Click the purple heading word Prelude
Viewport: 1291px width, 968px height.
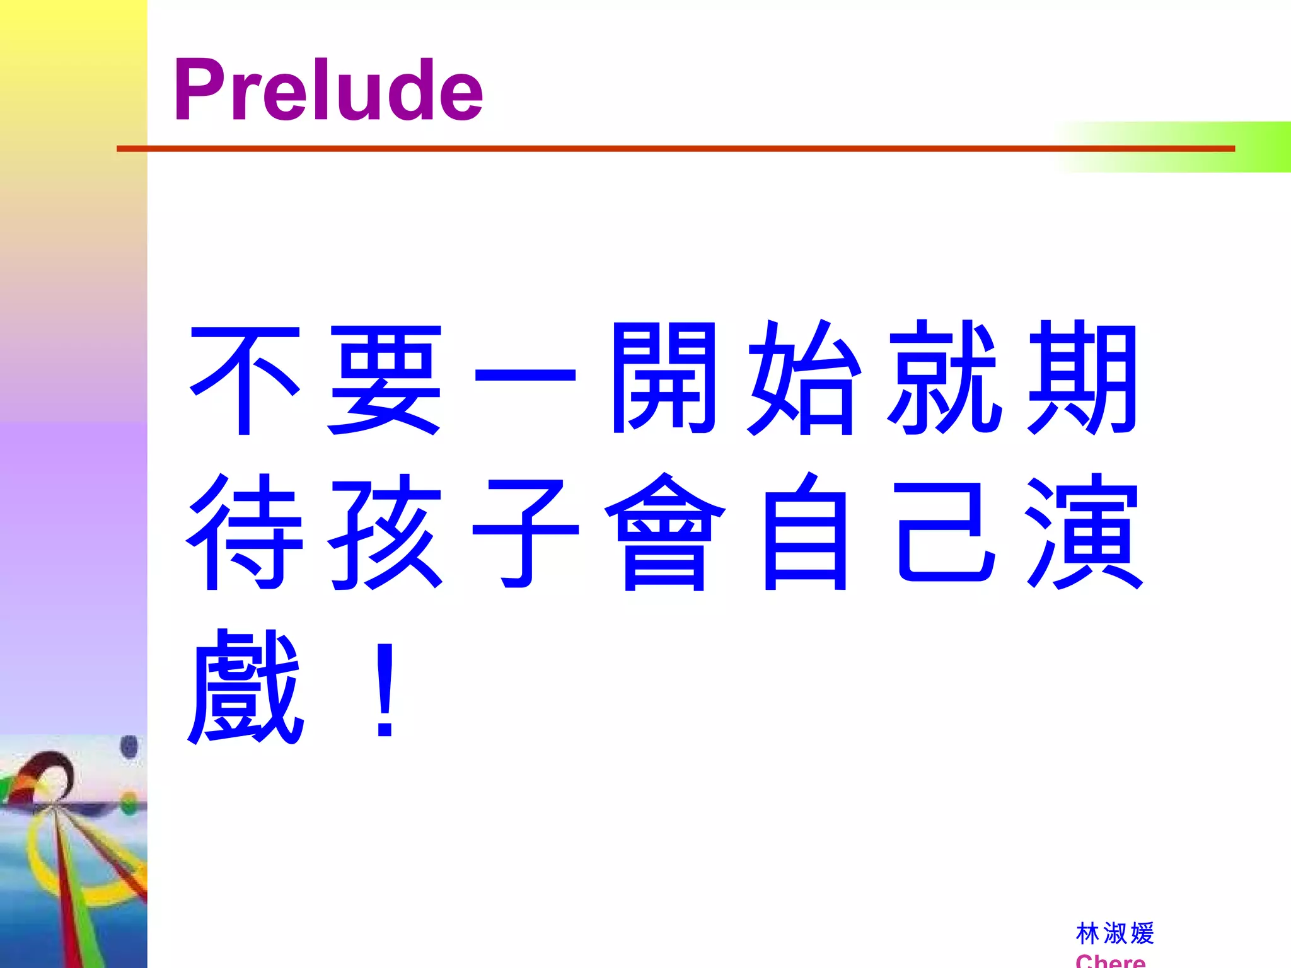coord(328,89)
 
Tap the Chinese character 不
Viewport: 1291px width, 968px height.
coord(245,379)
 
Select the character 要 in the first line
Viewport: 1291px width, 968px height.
coord(385,379)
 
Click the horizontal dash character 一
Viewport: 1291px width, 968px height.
coord(524,376)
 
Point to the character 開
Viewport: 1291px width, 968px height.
coord(664,378)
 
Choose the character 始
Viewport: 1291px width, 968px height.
coord(803,378)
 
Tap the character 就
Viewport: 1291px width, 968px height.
coord(944,378)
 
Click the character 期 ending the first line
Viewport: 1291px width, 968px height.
coord(1083,378)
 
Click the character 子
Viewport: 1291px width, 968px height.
coord(524,533)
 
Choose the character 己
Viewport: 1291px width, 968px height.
coord(945,533)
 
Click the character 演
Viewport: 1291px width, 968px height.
coord(1084,533)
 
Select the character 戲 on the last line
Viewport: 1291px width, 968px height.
coord(245,687)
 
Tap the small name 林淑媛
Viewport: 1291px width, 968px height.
coord(1114,933)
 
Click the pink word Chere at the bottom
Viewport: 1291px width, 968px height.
coord(1110,960)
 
